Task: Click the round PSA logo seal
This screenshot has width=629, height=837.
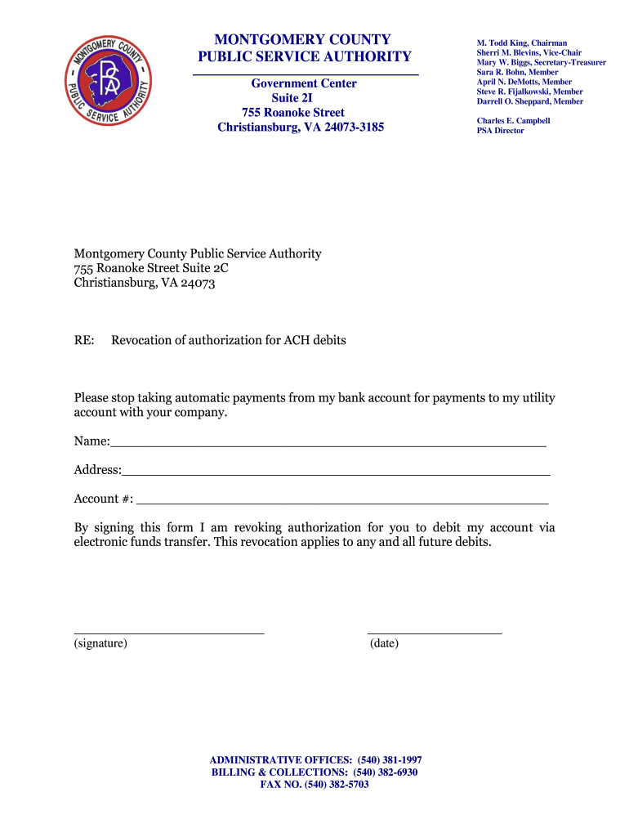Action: (108, 80)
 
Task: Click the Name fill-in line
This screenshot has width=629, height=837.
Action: (328, 445)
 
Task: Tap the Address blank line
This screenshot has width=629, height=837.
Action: (336, 474)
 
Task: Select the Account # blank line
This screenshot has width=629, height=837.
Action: (342, 503)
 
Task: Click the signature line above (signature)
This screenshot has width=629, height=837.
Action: (169, 632)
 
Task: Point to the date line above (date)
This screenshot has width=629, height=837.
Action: (435, 632)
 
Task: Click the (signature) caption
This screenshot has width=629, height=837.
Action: (100, 644)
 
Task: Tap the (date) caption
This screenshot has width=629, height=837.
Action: (384, 644)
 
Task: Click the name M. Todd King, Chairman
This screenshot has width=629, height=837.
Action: (521, 43)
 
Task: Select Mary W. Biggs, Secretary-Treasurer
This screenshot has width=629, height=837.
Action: (541, 62)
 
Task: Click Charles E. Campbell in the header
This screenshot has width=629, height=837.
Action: (513, 121)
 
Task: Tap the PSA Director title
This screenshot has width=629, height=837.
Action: (500, 131)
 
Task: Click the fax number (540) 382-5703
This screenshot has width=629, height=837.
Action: (337, 785)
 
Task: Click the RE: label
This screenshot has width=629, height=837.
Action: (84, 340)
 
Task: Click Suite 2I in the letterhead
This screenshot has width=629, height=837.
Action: (303, 98)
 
